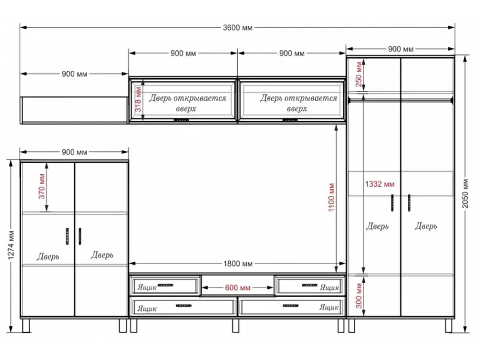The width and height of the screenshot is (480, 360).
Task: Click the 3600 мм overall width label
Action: coord(238,28)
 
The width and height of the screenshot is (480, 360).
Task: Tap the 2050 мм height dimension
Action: coord(465,193)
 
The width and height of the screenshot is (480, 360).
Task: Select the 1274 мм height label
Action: coord(11,245)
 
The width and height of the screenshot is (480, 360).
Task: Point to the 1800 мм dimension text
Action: coord(238,264)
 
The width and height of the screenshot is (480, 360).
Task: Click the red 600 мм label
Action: coord(238,287)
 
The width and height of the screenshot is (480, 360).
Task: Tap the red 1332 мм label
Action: coord(380,184)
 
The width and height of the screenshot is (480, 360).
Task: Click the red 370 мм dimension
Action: coord(42,186)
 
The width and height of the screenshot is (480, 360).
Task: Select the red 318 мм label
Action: coord(138,99)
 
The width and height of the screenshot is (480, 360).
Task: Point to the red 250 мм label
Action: coord(359,74)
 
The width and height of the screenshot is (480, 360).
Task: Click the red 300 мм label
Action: coord(359,295)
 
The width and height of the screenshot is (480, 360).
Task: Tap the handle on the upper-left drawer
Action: coord(166,285)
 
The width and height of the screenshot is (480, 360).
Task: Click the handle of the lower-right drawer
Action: coord(290,306)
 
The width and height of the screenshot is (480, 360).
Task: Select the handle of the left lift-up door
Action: coord(181,120)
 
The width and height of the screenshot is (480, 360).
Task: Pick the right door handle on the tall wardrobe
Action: coord(409,203)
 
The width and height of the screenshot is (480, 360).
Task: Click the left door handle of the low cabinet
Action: coord(67,236)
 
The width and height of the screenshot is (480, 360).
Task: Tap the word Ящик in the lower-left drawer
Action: coord(147,308)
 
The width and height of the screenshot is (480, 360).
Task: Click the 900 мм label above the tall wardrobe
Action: coord(400,49)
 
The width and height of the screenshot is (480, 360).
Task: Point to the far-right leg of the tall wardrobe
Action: coord(448,326)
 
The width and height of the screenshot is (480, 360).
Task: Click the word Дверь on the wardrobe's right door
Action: coord(426,226)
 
